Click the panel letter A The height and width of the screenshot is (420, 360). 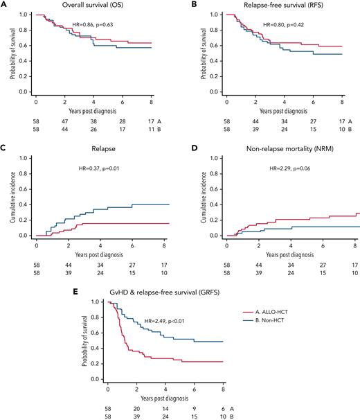coord(5,5)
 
